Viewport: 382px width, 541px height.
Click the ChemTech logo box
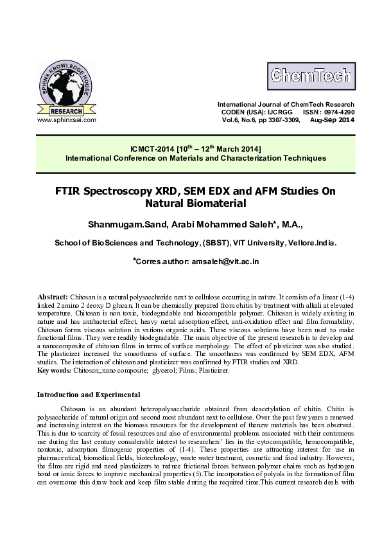pyautogui.click(x=310, y=76)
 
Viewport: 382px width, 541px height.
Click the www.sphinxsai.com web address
pyautogui.click(x=67, y=120)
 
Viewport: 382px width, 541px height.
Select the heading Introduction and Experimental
pyautogui.click(x=89, y=394)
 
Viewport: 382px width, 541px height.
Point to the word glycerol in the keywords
pyautogui.click(x=164, y=371)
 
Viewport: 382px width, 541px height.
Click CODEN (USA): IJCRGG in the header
pyautogui.click(x=248, y=112)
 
